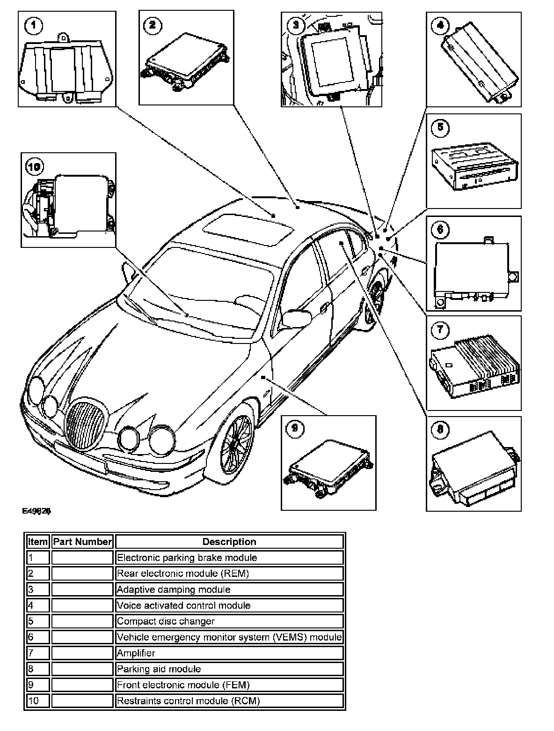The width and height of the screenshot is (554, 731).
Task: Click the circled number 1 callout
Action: [x=32, y=26]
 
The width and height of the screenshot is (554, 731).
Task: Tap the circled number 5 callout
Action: [x=440, y=128]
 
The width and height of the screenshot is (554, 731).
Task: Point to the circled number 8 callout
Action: [x=440, y=430]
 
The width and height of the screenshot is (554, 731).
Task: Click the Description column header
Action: [x=229, y=542]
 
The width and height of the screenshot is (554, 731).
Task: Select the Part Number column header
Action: [x=82, y=542]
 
